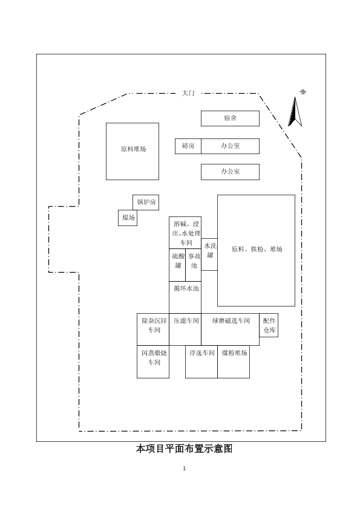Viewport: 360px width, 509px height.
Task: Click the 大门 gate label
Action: point(188,93)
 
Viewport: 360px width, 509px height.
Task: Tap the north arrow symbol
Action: point(295,112)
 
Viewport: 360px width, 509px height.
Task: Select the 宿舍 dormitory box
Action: point(230,118)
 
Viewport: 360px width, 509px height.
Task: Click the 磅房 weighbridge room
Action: point(188,146)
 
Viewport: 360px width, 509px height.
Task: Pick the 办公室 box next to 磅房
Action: point(230,146)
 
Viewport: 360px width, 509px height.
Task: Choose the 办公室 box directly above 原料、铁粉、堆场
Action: point(230,172)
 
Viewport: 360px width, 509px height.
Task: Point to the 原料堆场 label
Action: point(133,149)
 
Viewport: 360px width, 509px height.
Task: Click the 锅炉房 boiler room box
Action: point(146,203)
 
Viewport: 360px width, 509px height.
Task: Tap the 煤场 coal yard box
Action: point(128,218)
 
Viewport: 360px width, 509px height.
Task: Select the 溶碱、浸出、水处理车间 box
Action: point(185,233)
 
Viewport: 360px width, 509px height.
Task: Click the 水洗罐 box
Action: point(209,254)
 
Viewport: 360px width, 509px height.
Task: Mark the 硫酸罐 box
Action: point(177,265)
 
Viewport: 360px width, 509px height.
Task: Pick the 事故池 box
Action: point(194,265)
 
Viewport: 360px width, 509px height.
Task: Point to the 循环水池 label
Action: point(186,288)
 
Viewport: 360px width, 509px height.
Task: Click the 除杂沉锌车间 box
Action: point(153,329)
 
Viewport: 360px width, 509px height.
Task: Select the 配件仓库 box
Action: point(269,325)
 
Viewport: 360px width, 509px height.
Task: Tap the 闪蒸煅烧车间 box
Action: point(153,361)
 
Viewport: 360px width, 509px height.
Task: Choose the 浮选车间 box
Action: point(201,361)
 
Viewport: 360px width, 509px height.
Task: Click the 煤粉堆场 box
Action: point(234,361)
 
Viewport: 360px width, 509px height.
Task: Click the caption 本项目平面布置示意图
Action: point(184,449)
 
